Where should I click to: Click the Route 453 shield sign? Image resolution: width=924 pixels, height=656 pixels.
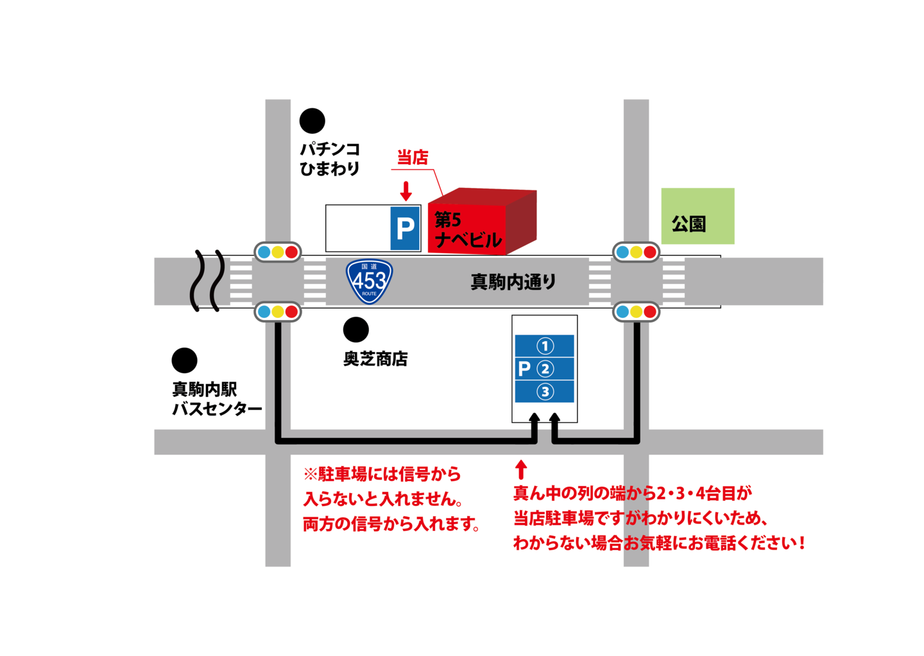[369, 281]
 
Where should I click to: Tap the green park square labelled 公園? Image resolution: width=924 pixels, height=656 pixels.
[697, 216]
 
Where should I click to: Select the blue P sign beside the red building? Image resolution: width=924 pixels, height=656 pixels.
[405, 228]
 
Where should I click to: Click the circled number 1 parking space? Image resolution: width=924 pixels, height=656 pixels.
[545, 346]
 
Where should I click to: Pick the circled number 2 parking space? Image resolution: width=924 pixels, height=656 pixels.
[545, 369]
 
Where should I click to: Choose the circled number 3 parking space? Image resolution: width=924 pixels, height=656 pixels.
[545, 391]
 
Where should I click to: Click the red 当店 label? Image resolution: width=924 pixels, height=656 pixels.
[413, 157]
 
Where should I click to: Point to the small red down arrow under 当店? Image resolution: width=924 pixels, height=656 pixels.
[406, 190]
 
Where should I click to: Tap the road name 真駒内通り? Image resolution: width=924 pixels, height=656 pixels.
[513, 282]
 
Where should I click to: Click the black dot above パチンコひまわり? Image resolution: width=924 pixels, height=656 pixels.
[312, 121]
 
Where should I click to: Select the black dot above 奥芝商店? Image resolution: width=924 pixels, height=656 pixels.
[356, 330]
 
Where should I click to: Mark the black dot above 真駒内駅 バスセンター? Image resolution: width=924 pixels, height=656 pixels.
[185, 361]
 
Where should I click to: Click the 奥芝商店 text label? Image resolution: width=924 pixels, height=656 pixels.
[375, 359]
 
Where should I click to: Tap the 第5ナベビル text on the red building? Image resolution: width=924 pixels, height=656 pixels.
[466, 230]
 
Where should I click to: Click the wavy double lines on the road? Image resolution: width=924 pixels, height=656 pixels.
[209, 281]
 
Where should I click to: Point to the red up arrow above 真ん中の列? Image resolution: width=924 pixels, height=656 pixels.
[521, 469]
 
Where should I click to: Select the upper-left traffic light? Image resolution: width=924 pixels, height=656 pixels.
[278, 252]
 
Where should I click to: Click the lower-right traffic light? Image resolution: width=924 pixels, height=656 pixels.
[636, 312]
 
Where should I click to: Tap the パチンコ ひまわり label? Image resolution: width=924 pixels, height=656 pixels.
[330, 159]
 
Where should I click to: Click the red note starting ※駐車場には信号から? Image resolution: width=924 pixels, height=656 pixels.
[391, 499]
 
